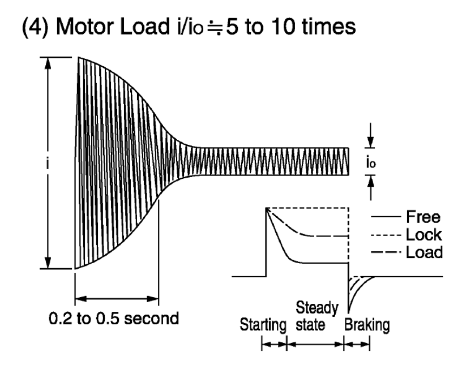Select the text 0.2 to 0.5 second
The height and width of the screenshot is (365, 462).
click(114, 318)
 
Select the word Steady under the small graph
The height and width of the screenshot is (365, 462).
click(317, 309)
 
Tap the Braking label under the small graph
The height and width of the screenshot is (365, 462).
click(366, 327)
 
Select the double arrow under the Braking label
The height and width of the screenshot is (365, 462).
click(357, 343)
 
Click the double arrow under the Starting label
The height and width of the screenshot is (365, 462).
click(274, 343)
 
